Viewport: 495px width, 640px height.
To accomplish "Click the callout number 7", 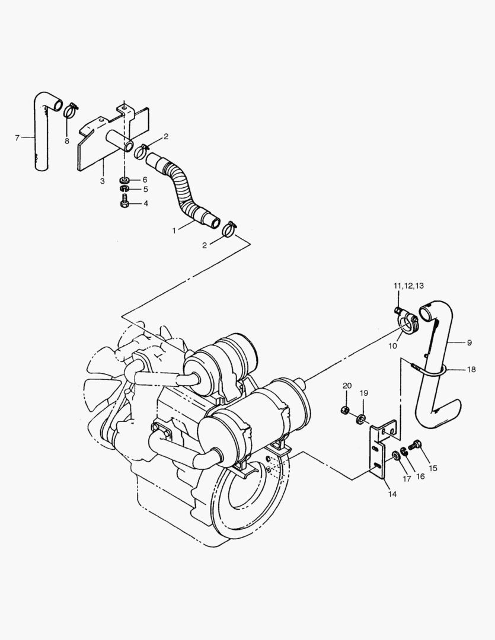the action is click(x=17, y=138).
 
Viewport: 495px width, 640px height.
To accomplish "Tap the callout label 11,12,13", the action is click(x=408, y=286).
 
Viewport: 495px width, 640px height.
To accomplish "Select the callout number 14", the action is click(x=392, y=494).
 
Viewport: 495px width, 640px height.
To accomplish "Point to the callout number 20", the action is click(x=347, y=386).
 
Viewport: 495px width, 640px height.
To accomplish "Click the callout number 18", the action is click(x=471, y=369).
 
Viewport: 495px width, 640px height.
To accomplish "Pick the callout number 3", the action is click(x=102, y=181).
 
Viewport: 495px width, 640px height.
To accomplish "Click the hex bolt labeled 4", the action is click(x=124, y=203).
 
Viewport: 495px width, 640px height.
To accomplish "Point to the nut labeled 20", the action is click(x=345, y=410).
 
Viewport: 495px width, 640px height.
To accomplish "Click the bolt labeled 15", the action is click(x=416, y=444).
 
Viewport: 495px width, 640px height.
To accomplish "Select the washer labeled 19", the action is click(x=360, y=419).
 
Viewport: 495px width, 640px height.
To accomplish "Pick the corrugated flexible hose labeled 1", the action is click(x=183, y=188).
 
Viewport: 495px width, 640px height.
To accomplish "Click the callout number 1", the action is click(x=174, y=231).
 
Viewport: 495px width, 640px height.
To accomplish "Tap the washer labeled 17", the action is click(x=396, y=456).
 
